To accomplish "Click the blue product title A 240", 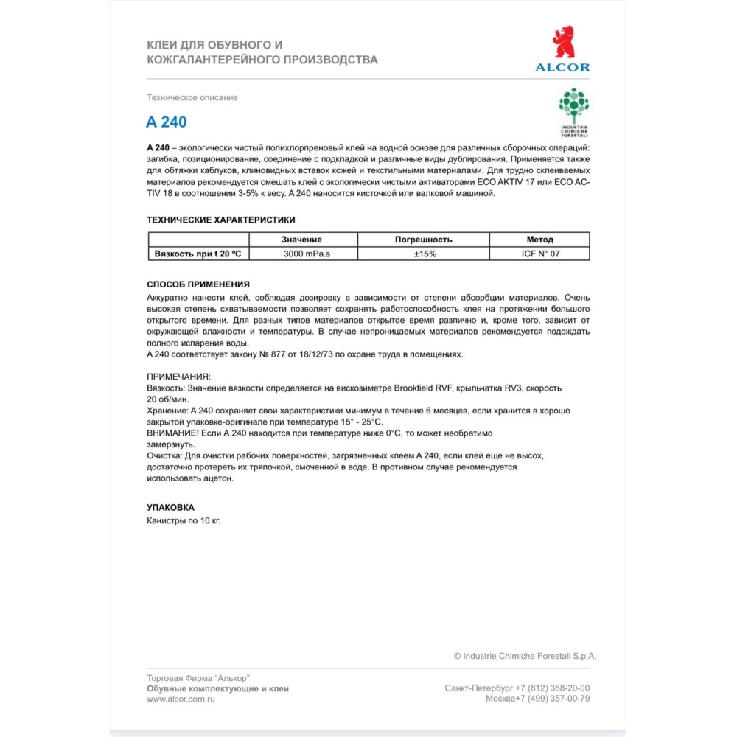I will point(167,122).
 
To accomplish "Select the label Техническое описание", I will point(192,97).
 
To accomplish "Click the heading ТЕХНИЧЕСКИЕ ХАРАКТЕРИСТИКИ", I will point(221,220).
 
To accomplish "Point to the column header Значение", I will point(302,240).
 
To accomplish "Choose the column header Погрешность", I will point(423,240).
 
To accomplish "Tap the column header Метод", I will point(539,240).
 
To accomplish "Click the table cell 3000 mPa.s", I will point(302,254).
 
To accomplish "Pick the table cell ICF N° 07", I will point(539,254).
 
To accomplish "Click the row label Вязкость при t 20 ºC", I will point(198,254).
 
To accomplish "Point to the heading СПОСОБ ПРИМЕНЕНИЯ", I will point(198,284).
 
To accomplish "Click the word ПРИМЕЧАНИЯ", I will point(178,377).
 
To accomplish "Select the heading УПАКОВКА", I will point(170,508).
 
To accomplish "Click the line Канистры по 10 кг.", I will point(184,520).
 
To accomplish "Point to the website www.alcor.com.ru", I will point(181,699).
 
